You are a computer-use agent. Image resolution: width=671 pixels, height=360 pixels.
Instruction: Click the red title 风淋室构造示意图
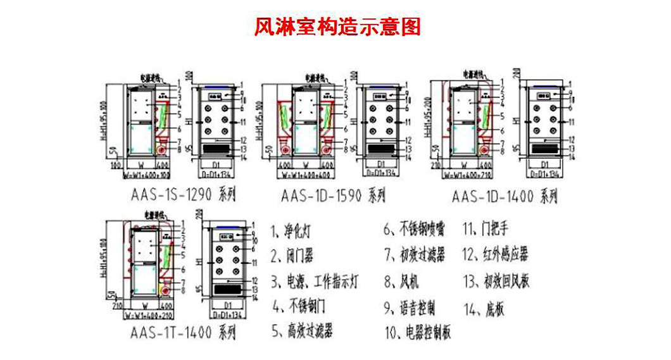click(x=336, y=27)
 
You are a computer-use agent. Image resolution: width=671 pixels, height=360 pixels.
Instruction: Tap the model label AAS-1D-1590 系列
click(x=332, y=196)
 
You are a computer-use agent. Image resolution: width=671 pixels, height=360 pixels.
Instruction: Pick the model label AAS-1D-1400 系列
click(x=505, y=197)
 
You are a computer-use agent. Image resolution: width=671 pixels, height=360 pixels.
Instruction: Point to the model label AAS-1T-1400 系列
click(x=183, y=331)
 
